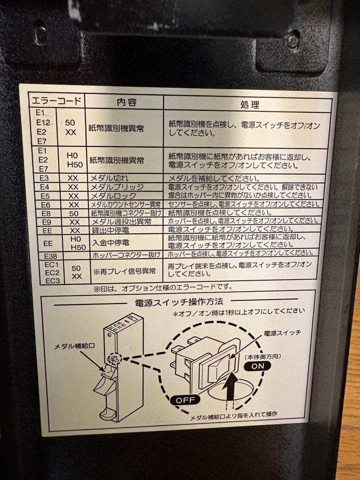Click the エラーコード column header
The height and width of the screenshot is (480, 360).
point(56,100)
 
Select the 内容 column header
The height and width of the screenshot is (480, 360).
point(126,102)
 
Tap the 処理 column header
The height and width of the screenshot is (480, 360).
point(249,104)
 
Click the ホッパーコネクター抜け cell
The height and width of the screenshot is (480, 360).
point(126,255)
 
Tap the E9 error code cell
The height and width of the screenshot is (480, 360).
point(46,221)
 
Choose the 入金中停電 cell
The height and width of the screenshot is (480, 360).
point(110,243)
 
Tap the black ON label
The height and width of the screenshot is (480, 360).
point(257,366)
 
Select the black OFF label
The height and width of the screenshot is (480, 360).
point(185,399)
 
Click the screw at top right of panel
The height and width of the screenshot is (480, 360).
point(292,41)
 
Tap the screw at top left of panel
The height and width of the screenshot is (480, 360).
point(40,32)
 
